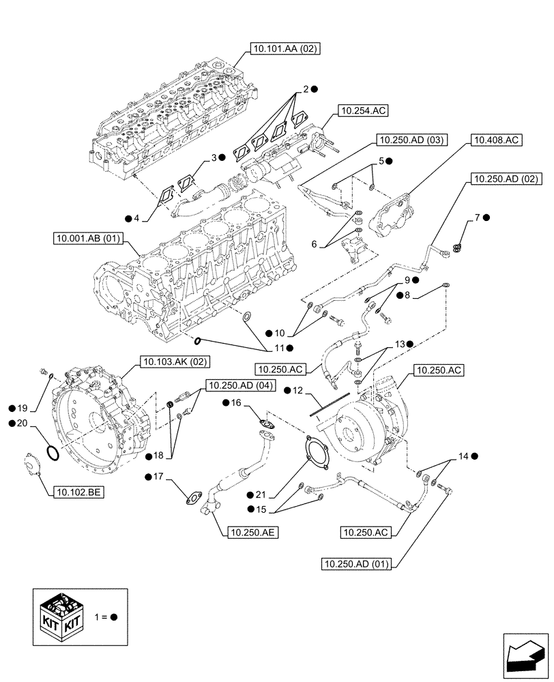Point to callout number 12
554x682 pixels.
coord(297,391)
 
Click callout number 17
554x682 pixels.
coord(159,477)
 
